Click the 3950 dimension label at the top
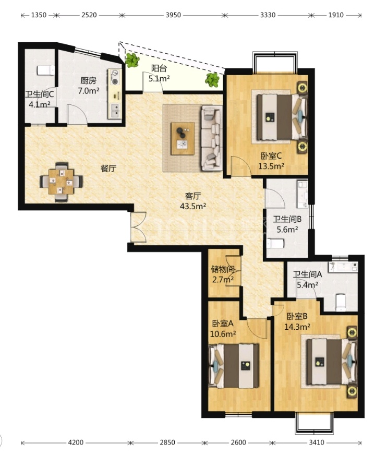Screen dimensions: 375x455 coord(173,15)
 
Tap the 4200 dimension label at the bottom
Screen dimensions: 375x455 coord(76,442)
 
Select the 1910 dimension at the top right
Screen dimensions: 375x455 coord(336,15)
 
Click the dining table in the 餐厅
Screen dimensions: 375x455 coord(61,182)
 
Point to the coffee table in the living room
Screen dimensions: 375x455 coord(183,138)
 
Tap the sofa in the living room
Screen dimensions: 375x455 coord(211,138)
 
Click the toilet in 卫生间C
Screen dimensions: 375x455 coord(46,70)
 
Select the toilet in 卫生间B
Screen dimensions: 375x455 coord(275,244)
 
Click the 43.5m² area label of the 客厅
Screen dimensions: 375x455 coord(193,206)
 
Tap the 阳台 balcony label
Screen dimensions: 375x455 coord(159,68)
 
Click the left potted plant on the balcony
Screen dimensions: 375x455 coord(132,60)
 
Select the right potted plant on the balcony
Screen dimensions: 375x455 coord(212,80)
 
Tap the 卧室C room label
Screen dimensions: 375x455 coord(271,156)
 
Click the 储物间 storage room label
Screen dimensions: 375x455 coord(223,270)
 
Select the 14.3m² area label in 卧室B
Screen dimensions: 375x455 coord(297,327)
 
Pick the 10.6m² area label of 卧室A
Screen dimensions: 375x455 coord(223,334)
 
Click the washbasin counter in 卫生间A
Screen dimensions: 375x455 coord(343,267)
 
